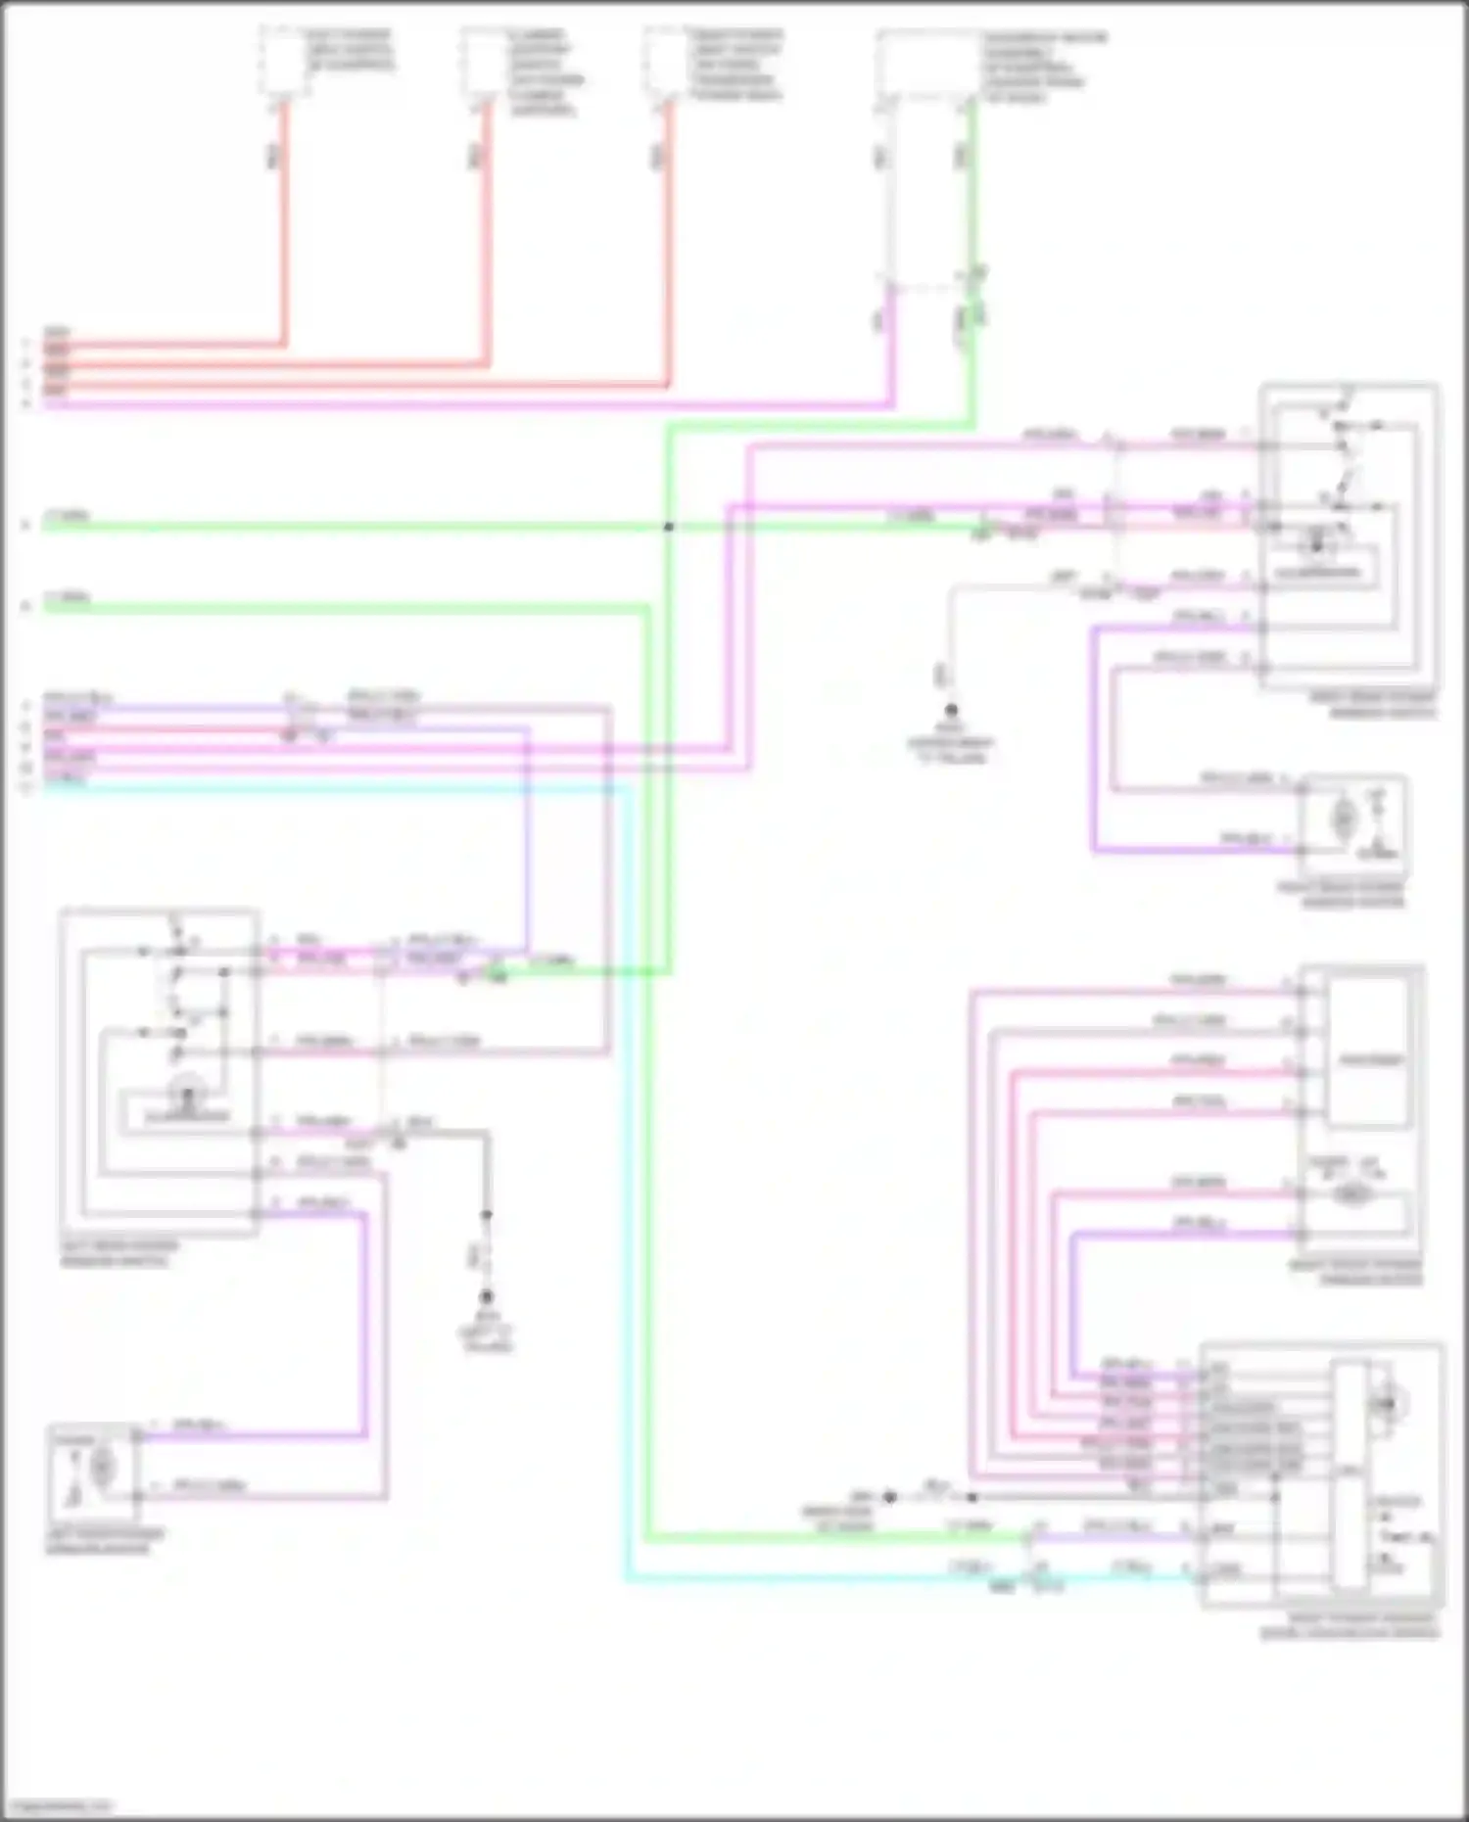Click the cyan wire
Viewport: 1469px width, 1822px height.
pyautogui.click(x=627, y=1175)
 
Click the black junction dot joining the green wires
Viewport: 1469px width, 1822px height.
pyautogui.click(x=669, y=527)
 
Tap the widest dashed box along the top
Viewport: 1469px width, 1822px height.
pyautogui.click(x=929, y=65)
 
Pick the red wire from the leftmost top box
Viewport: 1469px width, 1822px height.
pyautogui.click(x=285, y=225)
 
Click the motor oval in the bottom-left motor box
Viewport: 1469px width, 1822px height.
pyautogui.click(x=102, y=1466)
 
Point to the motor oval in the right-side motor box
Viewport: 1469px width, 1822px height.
pyautogui.click(x=1345, y=817)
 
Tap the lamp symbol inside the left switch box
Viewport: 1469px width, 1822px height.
pyautogui.click(x=187, y=1088)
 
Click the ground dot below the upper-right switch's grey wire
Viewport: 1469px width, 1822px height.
pyautogui.click(x=950, y=710)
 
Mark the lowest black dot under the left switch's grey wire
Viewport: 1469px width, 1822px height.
pyautogui.click(x=486, y=1297)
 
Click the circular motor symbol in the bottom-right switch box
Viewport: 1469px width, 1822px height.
pyautogui.click(x=1386, y=1404)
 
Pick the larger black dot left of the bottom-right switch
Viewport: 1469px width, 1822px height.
pyautogui.click(x=889, y=1497)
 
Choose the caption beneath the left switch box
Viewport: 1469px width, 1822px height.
pyautogui.click(x=119, y=1254)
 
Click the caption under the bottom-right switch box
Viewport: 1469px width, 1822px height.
pyautogui.click(x=1350, y=1626)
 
